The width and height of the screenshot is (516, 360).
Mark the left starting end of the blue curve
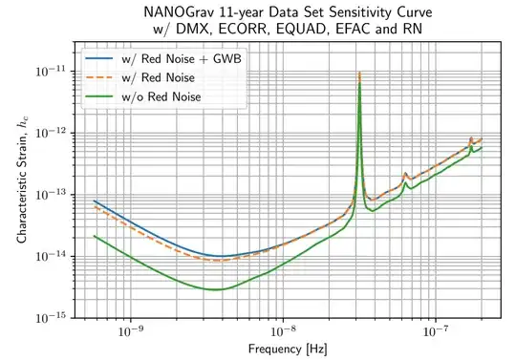(94, 201)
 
